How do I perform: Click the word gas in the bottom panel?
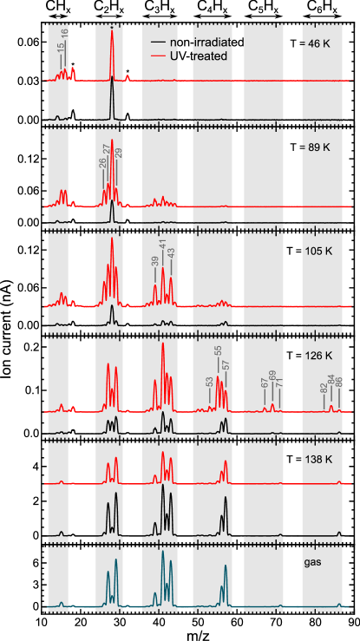tap(312, 564)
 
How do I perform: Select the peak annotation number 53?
tap(209, 383)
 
